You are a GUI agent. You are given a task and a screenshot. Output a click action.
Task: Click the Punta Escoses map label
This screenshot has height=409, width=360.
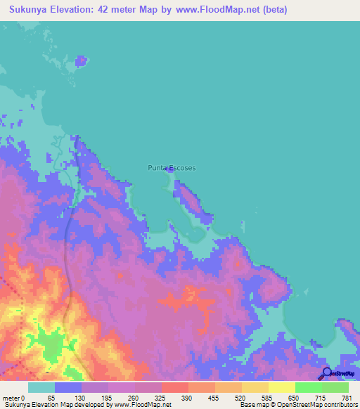pos(172,168)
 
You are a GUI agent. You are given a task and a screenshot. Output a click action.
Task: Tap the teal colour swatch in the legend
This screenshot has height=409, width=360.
pos(41,387)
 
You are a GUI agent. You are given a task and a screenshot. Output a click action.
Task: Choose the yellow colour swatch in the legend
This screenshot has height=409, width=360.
pos(282,387)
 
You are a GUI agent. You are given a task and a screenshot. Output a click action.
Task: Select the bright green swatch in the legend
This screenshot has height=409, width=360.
pos(309,387)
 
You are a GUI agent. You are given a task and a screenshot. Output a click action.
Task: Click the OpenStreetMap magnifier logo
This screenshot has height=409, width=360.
pos(326,374)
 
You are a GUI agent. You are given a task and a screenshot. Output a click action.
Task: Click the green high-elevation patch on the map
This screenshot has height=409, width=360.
pos(53,344)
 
